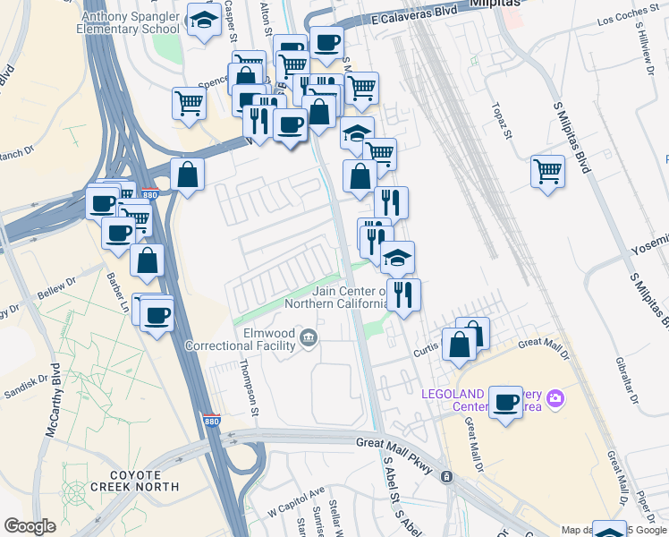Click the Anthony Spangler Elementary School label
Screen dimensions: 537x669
coord(131,22)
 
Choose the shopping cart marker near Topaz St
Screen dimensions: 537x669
coord(547,170)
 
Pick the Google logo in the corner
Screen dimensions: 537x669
coord(30,526)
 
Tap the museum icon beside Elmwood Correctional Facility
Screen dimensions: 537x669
coord(309,337)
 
